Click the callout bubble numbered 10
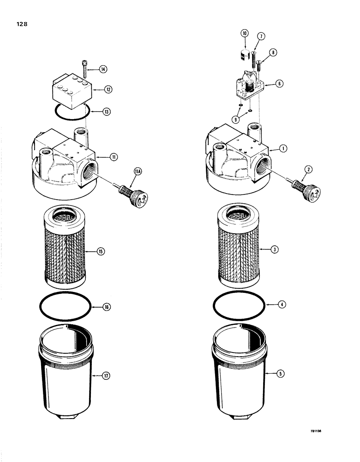[244, 33]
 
